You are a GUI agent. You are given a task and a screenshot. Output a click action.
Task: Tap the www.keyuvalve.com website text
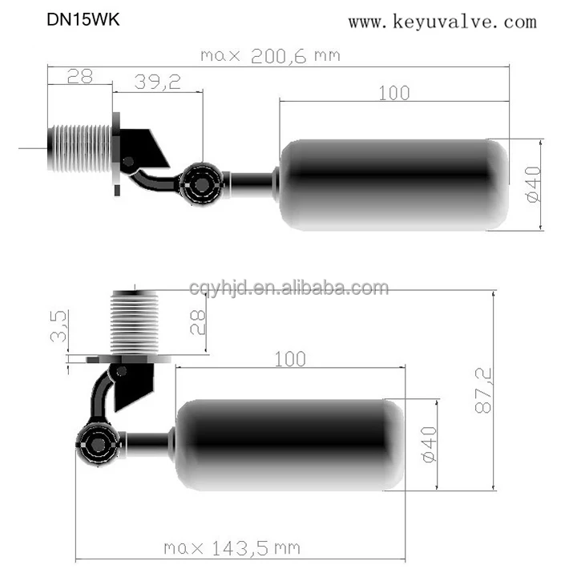pos(442,22)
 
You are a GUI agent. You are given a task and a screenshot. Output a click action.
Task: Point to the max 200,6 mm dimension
pos(270,55)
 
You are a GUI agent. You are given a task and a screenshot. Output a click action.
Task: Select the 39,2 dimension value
pos(156,80)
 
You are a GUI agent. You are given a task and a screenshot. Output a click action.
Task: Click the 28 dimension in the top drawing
pos(79,76)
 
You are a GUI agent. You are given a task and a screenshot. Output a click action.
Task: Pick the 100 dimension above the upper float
pos(393,92)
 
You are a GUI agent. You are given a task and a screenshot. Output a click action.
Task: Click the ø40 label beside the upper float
pos(535,185)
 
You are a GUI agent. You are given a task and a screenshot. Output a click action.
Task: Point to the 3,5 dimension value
pos(59,327)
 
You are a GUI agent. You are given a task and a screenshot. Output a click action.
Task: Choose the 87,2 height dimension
pos(484,390)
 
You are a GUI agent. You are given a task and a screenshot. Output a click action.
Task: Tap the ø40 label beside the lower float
pos(429,443)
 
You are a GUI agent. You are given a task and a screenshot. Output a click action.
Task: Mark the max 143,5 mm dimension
pos(232,549)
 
